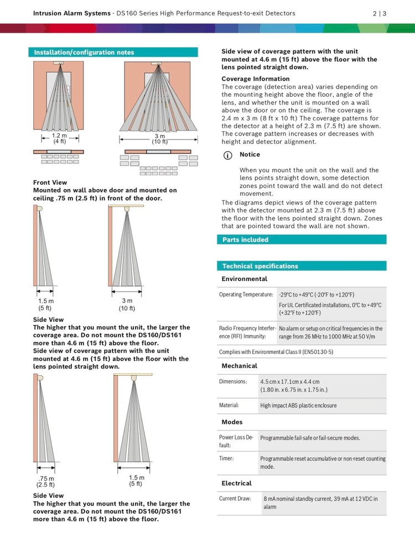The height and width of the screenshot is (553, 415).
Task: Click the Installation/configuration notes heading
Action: click(x=84, y=53)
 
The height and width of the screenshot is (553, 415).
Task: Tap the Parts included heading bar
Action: click(x=245, y=239)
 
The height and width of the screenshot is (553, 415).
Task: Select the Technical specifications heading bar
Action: click(x=260, y=266)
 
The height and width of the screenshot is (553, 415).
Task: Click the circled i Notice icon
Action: click(x=227, y=155)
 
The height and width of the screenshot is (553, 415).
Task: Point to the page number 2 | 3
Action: click(x=380, y=13)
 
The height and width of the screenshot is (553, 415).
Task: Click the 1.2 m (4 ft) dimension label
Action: click(x=59, y=138)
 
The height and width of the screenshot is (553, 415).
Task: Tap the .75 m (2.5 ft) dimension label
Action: click(x=45, y=482)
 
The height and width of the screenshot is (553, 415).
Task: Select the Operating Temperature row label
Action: click(x=246, y=295)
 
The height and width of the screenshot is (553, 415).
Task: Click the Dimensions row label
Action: click(x=233, y=382)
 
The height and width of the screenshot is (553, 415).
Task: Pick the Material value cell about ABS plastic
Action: click(x=298, y=405)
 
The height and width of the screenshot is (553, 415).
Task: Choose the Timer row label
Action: click(x=226, y=458)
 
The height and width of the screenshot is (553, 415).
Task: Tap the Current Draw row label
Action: click(x=235, y=499)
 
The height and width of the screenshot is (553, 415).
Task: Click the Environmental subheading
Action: click(x=244, y=279)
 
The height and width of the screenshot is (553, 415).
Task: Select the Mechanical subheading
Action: click(x=239, y=366)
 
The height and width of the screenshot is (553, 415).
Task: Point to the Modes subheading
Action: click(x=232, y=422)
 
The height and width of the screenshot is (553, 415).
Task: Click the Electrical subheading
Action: click(x=236, y=483)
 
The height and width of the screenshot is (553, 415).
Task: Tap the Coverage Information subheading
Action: click(x=255, y=79)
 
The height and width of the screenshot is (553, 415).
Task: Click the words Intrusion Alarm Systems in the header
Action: click(x=71, y=13)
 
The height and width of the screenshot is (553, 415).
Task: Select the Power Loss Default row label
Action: click(x=236, y=441)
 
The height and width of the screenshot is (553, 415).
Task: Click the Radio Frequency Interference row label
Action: click(x=246, y=332)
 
